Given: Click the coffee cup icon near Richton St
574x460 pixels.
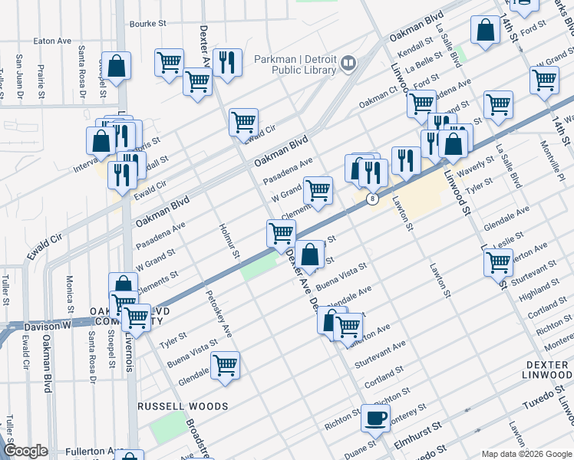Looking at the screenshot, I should tap(375, 419).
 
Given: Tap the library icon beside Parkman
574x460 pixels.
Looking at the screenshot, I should tap(349, 63).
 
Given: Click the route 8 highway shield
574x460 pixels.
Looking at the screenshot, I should tap(373, 199).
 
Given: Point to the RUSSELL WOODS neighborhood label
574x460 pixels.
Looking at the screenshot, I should tap(183, 406).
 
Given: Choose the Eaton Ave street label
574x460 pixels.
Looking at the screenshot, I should tap(52, 41).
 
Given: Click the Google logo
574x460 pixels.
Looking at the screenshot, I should tap(25, 451).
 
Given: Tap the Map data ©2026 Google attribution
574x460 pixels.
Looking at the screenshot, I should tap(526, 453).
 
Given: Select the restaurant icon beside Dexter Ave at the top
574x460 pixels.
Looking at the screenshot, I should tap(228, 64).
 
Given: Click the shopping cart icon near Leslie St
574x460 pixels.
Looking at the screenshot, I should tap(498, 263).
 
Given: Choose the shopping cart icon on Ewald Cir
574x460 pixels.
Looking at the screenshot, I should tap(243, 123).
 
